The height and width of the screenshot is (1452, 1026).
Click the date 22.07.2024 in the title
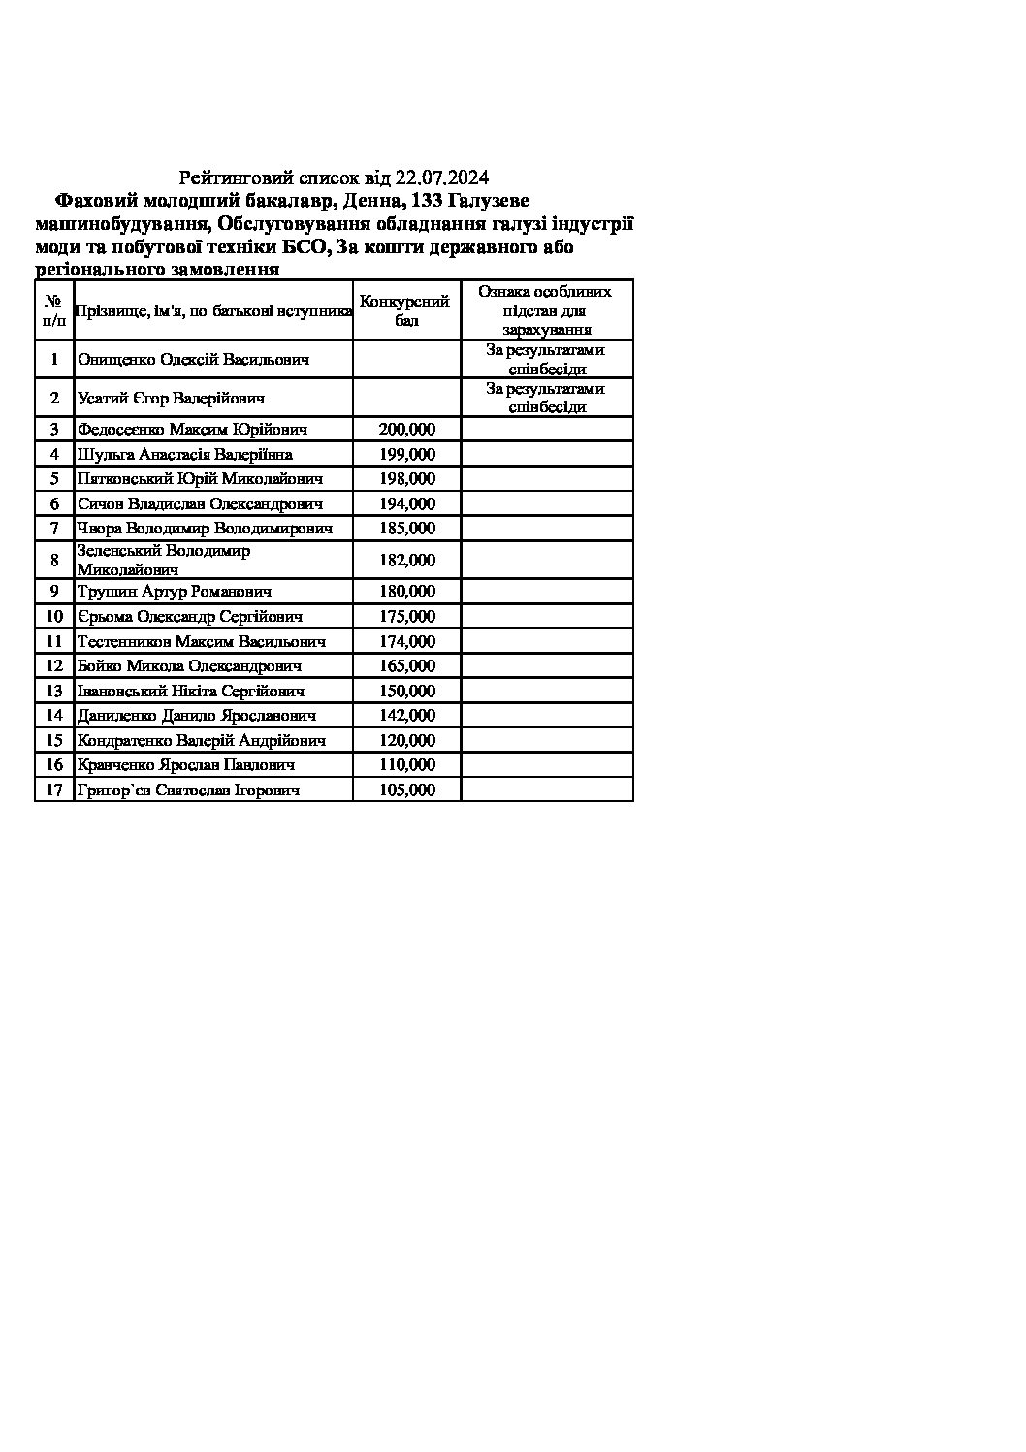(442, 177)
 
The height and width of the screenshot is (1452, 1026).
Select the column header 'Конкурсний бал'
(405, 310)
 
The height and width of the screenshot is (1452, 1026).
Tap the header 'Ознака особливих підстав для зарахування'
(546, 310)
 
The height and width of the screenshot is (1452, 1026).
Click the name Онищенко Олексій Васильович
(194, 359)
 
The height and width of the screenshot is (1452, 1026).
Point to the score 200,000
(406, 429)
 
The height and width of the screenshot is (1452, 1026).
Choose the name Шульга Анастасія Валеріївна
(185, 454)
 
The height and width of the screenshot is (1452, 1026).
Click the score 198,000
(406, 478)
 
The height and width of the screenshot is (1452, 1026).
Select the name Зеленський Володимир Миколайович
(163, 560)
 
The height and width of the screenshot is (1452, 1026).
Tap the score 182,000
(406, 560)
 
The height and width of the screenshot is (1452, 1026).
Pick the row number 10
(54, 616)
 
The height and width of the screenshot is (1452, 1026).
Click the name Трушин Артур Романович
(175, 591)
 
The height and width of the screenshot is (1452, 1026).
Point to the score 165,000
(406, 665)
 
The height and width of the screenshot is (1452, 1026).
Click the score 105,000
(406, 790)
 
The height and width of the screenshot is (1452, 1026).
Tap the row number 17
(54, 790)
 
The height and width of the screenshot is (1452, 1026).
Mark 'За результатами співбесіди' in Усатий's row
(546, 398)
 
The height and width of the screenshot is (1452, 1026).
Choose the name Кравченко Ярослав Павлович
(185, 764)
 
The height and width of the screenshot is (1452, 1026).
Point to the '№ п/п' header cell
(54, 310)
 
